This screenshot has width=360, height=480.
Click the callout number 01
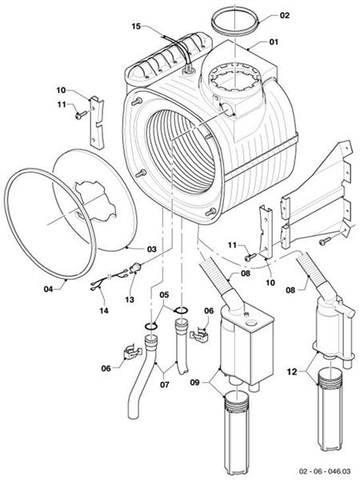pyautogui.click(x=273, y=42)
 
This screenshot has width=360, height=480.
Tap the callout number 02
pyautogui.click(x=286, y=15)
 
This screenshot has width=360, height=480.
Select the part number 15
pyautogui.click(x=136, y=26)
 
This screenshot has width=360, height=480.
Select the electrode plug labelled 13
pyautogui.click(x=139, y=270)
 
